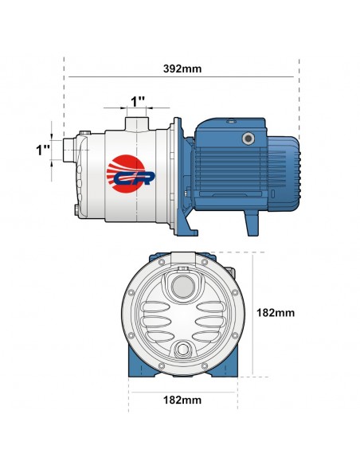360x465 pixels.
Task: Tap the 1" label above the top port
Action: point(138,102)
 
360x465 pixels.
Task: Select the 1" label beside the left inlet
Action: point(43,149)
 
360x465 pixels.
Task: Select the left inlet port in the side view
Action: point(71,149)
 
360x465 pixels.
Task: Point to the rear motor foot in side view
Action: point(252,224)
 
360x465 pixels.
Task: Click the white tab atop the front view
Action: point(183,256)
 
